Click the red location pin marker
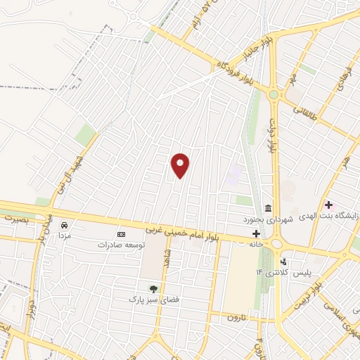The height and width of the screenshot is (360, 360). tap(181, 165)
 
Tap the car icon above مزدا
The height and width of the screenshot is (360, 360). tap(65, 226)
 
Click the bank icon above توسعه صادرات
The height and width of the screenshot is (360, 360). tap(121, 233)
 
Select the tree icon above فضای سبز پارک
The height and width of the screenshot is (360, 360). tap(153, 288)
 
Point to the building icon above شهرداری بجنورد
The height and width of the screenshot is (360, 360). tap(268, 208)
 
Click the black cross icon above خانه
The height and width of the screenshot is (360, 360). tap(257, 233)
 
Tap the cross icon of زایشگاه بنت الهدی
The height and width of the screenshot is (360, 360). tap(328, 205)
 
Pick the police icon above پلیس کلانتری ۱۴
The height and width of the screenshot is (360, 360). tap(283, 262)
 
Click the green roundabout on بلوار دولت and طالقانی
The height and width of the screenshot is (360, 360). tap(273, 94)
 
